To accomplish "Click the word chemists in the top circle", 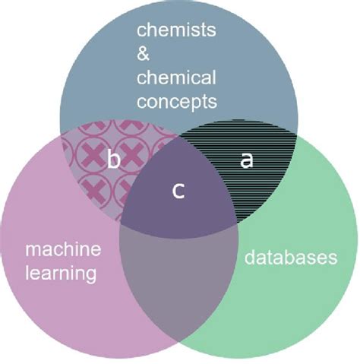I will click(175, 31).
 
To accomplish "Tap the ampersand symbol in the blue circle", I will click(144, 55).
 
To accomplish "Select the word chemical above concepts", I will click(176, 78).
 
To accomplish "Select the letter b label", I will click(114, 160).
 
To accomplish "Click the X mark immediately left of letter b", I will click(92, 157).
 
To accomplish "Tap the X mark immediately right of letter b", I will click(134, 157).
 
